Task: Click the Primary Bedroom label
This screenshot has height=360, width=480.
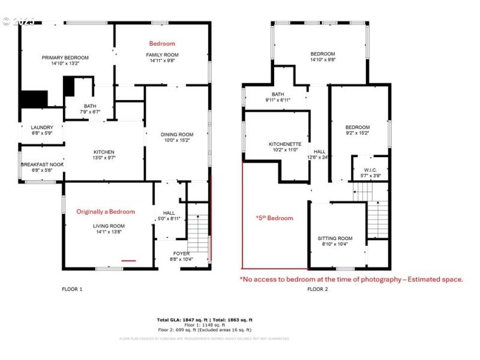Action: coord(65,58)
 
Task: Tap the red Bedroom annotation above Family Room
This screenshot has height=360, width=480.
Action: coord(162,44)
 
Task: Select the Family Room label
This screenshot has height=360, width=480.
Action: coord(163,55)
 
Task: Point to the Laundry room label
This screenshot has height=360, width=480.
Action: coord(42,127)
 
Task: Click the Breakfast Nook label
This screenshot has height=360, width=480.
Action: coord(42,164)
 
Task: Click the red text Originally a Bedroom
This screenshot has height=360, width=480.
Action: coord(106,212)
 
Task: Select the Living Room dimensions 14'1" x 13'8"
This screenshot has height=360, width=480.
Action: coord(108,232)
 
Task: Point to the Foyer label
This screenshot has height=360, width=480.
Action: coord(181,254)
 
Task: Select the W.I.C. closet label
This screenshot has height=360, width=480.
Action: coord(370,170)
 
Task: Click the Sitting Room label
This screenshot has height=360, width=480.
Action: coord(335,238)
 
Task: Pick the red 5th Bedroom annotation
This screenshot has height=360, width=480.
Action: coord(274,218)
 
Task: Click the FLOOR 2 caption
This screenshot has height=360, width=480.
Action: coord(318,289)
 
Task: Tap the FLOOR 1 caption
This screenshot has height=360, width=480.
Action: coord(72,289)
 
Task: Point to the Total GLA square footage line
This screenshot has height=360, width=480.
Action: coord(205,320)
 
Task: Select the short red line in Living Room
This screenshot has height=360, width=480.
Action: coord(128,261)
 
